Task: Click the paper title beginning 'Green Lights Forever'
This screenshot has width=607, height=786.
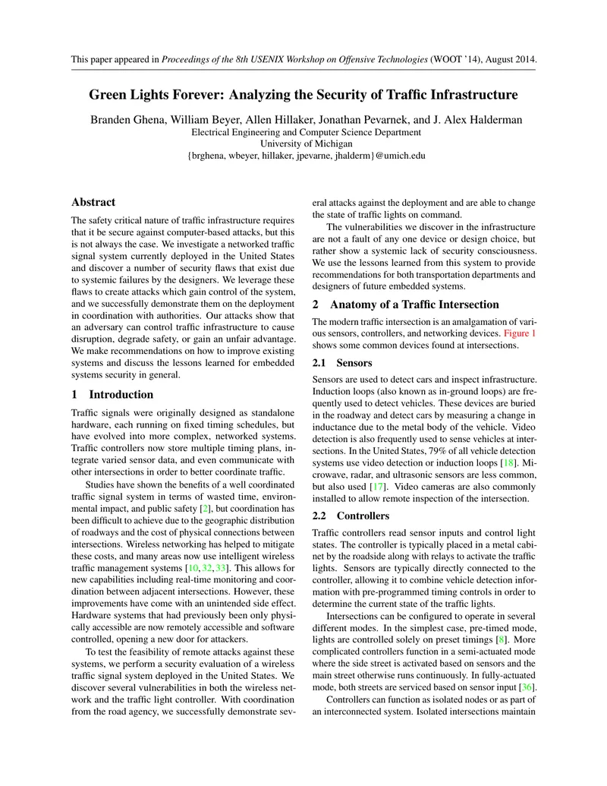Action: coord(303,96)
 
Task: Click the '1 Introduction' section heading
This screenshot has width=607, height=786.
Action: coord(112,395)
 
